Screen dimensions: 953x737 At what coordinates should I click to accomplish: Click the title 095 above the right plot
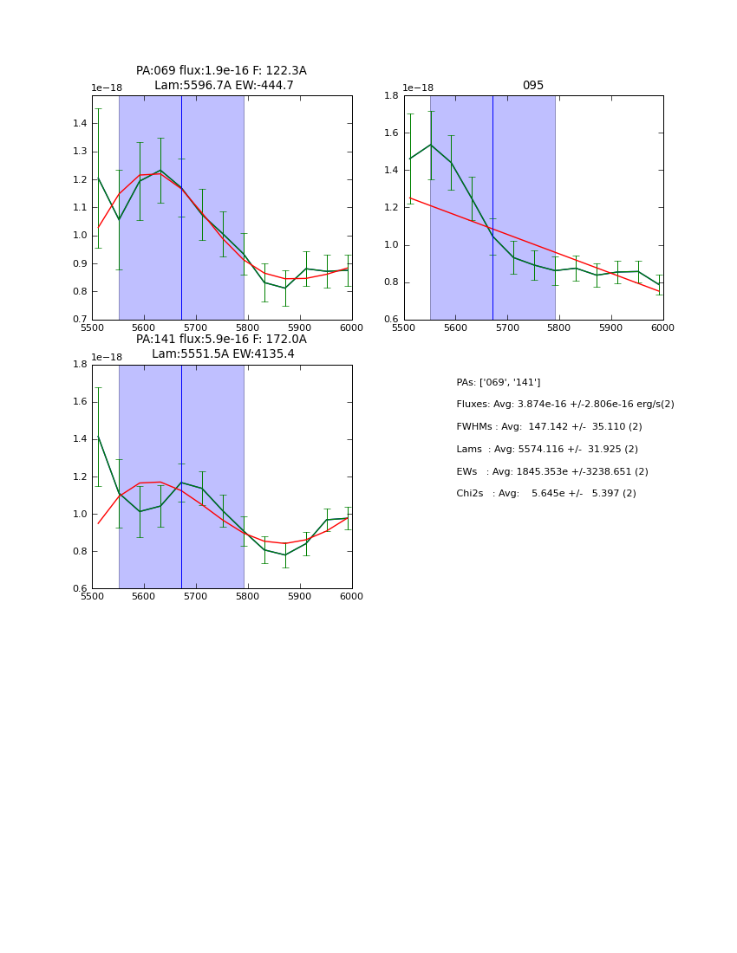(533, 86)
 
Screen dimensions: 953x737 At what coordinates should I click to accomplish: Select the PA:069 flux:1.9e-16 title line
(221, 71)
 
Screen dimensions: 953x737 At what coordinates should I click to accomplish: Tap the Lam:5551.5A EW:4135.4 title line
(223, 354)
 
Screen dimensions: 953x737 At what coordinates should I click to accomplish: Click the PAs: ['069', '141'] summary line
(499, 382)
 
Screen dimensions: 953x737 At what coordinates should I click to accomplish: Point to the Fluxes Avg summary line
(564, 405)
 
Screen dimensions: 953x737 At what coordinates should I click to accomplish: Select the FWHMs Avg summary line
(549, 427)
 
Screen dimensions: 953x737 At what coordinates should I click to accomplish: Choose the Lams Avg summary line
(547, 450)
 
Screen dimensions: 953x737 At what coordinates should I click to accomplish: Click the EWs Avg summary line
(552, 472)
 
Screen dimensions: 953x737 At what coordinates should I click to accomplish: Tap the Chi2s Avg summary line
(546, 494)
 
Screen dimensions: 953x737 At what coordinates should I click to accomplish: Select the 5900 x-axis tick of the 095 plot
(611, 327)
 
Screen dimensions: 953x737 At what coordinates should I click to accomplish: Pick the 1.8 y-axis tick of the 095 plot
(391, 96)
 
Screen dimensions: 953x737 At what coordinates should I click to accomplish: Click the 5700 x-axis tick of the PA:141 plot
(196, 597)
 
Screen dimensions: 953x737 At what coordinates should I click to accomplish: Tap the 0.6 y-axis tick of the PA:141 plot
(79, 589)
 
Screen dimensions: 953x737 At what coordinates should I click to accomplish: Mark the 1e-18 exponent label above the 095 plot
(420, 88)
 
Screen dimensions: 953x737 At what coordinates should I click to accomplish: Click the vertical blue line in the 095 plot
(492, 208)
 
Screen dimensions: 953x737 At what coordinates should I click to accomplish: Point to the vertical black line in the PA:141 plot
(181, 476)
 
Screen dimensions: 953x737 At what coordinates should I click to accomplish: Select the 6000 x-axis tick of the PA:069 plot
(351, 327)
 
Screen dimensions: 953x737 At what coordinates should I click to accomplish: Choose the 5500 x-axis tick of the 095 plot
(404, 327)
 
